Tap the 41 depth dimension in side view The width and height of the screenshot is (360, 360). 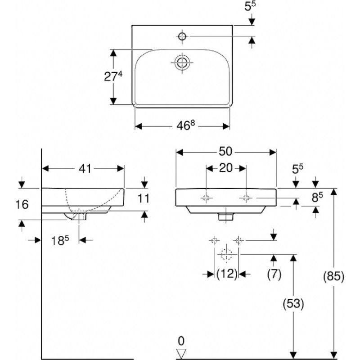pyautogui.click(x=85, y=168)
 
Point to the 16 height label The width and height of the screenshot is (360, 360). pyautogui.click(x=22, y=204)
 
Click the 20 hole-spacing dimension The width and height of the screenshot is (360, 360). pyautogui.click(x=225, y=168)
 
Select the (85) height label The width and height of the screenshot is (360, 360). pyautogui.click(x=333, y=276)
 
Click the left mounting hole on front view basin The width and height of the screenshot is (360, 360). pyautogui.click(x=206, y=198)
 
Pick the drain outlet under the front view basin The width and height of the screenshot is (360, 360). pyautogui.click(x=225, y=216)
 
